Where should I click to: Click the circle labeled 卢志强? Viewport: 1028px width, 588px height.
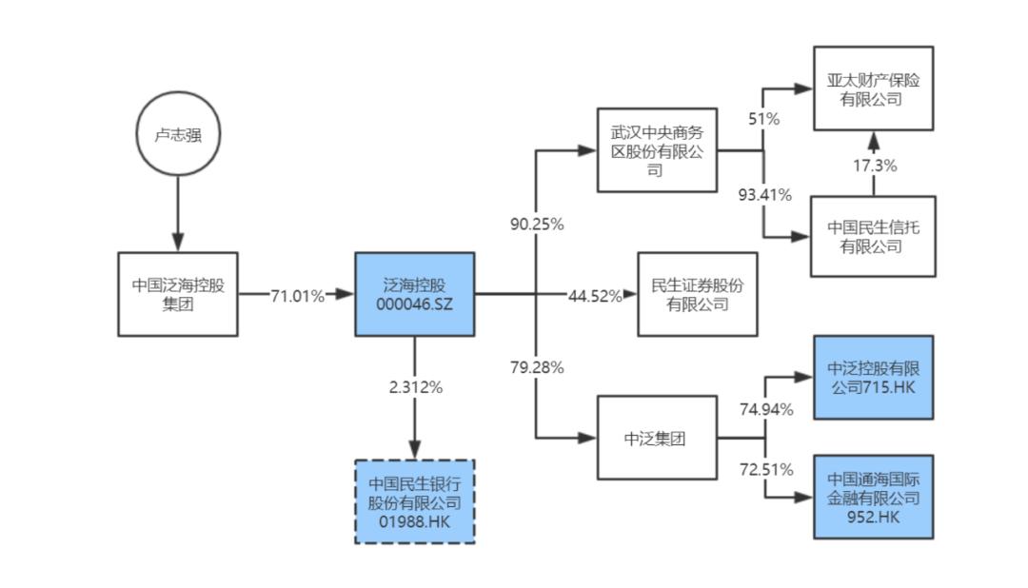[x=177, y=135]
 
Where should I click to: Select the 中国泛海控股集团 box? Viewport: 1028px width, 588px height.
[x=177, y=294]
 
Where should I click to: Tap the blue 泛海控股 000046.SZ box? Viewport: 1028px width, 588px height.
[x=414, y=294]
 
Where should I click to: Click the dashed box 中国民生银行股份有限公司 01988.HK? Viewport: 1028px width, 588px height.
[x=414, y=501]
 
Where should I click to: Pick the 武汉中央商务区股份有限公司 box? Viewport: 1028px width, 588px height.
[x=656, y=149]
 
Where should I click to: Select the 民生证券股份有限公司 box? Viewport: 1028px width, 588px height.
[x=697, y=294]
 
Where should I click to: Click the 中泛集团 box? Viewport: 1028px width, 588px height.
[x=656, y=439]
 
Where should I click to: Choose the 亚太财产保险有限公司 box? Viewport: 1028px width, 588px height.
[x=872, y=88]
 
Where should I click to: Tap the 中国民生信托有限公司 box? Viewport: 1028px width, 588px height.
[x=872, y=237]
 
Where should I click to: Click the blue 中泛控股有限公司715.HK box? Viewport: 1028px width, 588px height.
[x=872, y=377]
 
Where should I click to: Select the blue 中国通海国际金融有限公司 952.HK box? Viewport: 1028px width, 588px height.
[x=872, y=497]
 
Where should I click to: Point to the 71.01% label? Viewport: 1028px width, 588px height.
[x=296, y=295]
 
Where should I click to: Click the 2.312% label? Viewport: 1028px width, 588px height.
[x=414, y=386]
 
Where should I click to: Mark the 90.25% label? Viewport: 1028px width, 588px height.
[x=537, y=225]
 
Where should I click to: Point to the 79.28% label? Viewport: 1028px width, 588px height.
[x=537, y=366]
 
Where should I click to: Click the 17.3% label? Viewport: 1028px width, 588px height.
[x=873, y=165]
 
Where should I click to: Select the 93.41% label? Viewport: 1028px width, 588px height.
[x=765, y=195]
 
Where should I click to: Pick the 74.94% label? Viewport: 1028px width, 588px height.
[x=766, y=409]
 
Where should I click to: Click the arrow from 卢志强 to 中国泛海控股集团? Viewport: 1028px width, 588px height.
[x=177, y=214]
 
